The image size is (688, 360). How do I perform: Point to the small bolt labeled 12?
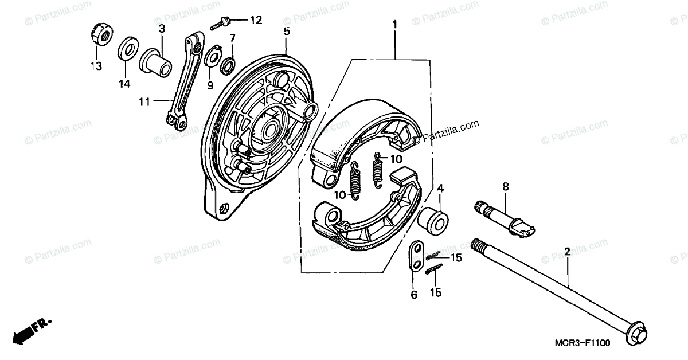pos(220,24)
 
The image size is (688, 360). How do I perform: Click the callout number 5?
pos(287,30)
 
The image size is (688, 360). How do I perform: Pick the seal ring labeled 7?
pos(228,65)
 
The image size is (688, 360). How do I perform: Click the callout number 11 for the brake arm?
pos(144,101)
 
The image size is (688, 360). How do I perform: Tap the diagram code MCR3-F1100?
pos(582,343)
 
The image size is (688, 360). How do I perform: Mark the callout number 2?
pos(567,251)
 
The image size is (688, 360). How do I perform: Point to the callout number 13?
pos(96,66)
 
